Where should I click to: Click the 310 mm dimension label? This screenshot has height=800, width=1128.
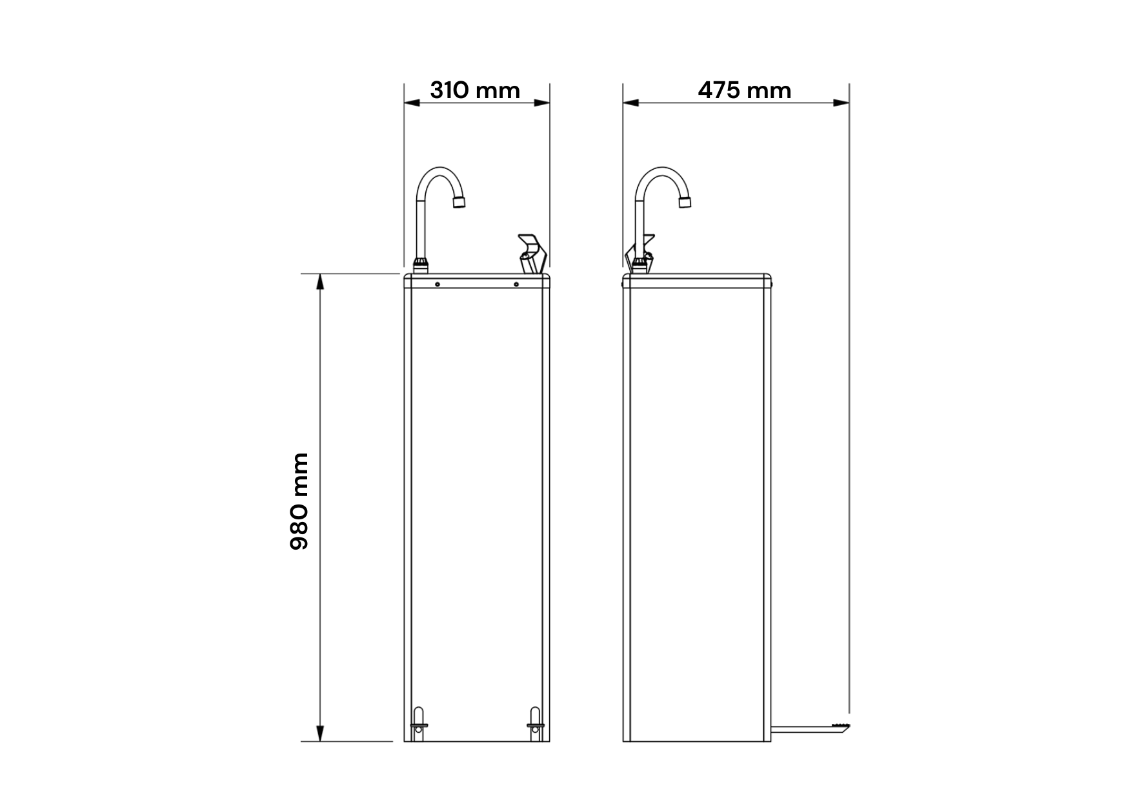475,90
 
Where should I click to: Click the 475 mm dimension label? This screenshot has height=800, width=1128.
745,90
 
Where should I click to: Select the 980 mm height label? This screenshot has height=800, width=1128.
299,501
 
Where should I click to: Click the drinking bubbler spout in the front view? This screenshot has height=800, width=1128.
532,254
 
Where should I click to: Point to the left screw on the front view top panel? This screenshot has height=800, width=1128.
438,285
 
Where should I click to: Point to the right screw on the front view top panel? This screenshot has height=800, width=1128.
516,285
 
